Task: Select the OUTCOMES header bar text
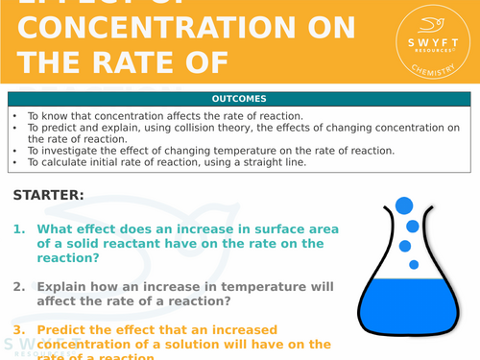pos(239,99)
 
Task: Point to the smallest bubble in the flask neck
pos(415,263)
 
